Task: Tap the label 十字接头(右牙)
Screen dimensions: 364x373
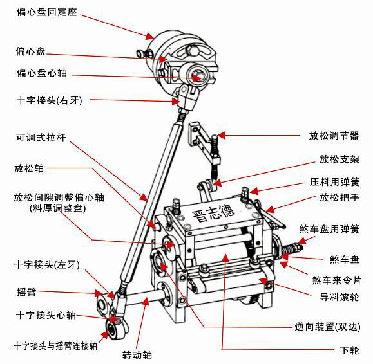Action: click(50, 101)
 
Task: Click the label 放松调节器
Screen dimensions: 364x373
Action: click(334, 136)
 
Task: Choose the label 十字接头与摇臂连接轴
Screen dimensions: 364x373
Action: click(55, 345)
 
